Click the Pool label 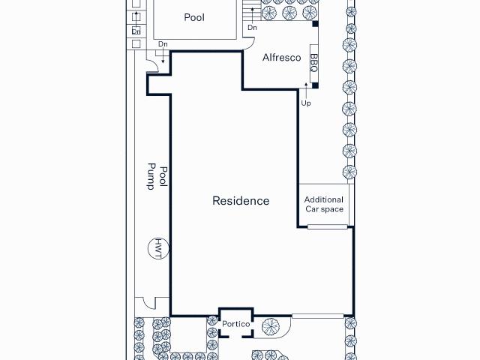(x=193, y=17)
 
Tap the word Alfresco (x=281, y=58)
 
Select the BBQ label (x=313, y=63)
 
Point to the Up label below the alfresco (x=306, y=103)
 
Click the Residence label (x=241, y=201)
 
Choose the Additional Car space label (x=324, y=204)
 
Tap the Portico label (x=235, y=324)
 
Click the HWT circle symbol (x=158, y=247)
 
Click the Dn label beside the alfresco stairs (x=252, y=28)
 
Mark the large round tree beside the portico (x=270, y=326)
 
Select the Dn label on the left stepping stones (x=136, y=31)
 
